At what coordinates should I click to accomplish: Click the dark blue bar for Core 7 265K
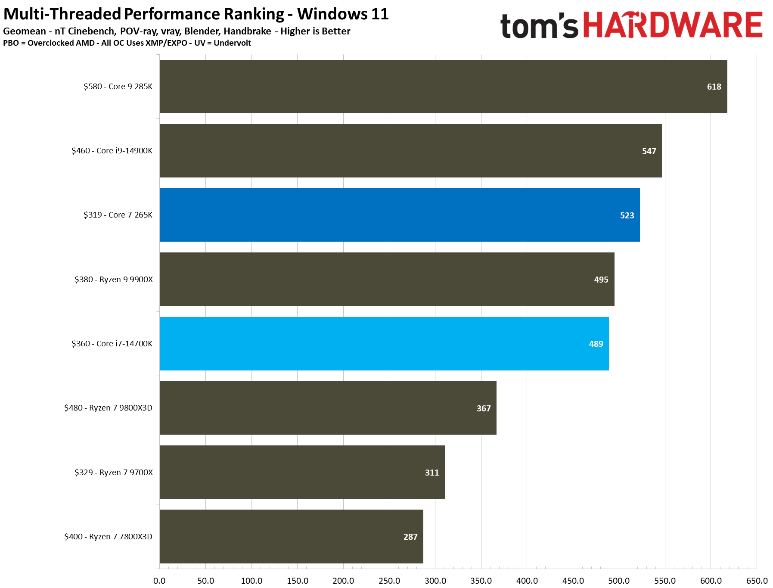[x=399, y=215]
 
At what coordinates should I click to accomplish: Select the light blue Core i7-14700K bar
[x=384, y=344]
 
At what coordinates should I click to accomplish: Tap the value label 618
[x=714, y=87]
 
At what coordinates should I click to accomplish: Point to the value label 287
[x=410, y=537]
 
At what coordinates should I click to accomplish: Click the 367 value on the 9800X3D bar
[x=483, y=408]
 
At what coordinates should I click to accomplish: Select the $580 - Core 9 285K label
[x=118, y=87]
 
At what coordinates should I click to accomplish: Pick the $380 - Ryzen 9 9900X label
[x=113, y=280]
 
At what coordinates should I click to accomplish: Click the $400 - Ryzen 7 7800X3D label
[x=108, y=537]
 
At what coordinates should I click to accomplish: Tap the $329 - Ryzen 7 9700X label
[x=113, y=473]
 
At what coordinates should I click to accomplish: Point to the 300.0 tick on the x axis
[x=435, y=580]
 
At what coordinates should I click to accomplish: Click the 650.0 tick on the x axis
[x=756, y=580]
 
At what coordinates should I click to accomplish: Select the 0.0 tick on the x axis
[x=159, y=580]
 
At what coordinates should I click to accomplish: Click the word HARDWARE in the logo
[x=672, y=25]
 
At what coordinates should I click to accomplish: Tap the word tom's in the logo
[x=539, y=26]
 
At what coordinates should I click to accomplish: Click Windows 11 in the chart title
[x=343, y=14]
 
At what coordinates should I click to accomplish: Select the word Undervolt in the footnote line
[x=232, y=43]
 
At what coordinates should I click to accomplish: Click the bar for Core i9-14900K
[x=410, y=151]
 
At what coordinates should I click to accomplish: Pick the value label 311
[x=432, y=473]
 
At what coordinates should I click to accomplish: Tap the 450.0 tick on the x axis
[x=573, y=580]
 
